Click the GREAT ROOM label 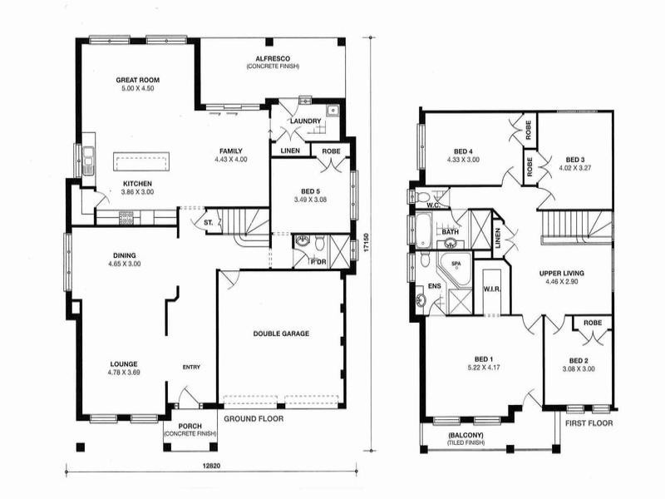coord(137,81)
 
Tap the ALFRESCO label coord(272,57)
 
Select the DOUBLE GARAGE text coord(281,333)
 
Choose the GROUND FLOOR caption coord(254,419)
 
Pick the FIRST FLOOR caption coord(589,423)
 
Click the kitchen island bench coord(141,159)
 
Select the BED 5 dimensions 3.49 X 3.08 coord(312,200)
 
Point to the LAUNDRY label coord(305,121)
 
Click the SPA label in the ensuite coord(455,264)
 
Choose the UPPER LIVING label coord(561,273)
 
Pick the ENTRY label coord(191,367)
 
